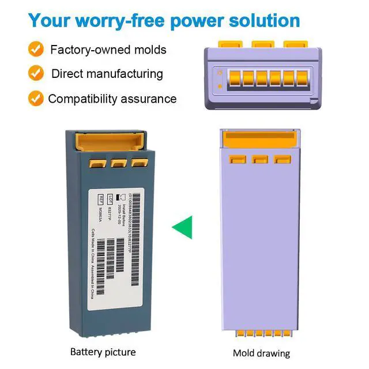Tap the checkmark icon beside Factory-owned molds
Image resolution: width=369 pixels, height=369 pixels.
[36, 50]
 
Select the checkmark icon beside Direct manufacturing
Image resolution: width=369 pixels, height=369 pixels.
[36, 74]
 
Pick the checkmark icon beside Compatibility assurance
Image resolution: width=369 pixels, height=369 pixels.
[36, 98]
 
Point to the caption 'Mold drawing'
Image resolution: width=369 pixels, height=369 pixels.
[261, 353]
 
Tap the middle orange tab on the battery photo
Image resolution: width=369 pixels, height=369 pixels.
[119, 163]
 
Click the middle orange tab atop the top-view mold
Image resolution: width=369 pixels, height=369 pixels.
[263, 44]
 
